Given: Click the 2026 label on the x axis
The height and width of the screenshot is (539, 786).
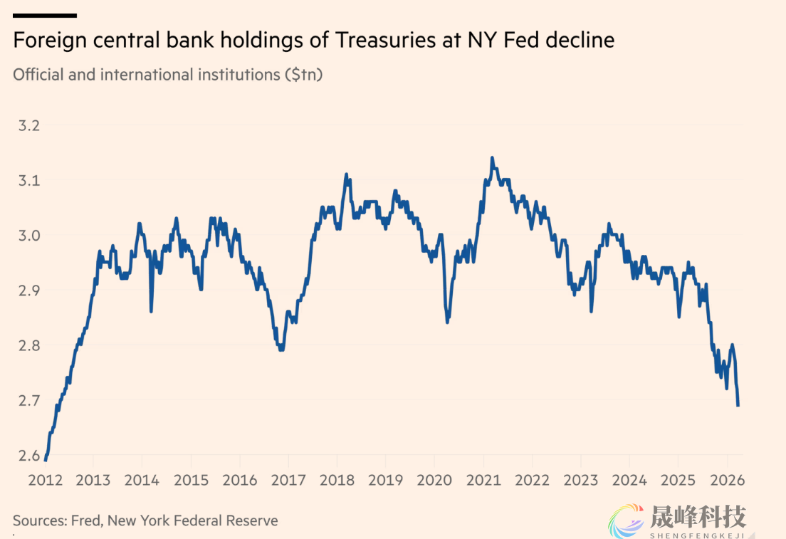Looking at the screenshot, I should click(x=726, y=480).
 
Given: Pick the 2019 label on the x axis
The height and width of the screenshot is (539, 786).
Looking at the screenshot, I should click(x=386, y=480).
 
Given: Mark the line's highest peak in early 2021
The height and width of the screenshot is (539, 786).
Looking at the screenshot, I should click(x=492, y=158).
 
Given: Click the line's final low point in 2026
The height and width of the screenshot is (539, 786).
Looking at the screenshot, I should click(x=738, y=405).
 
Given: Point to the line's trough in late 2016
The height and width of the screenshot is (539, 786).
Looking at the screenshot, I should click(x=281, y=349).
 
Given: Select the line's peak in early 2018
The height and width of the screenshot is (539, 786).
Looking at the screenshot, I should click(x=346, y=174).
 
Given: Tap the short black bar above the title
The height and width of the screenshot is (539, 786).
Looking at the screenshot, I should click(x=44, y=15).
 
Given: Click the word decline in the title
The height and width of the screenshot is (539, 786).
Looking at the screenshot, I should click(x=580, y=41).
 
